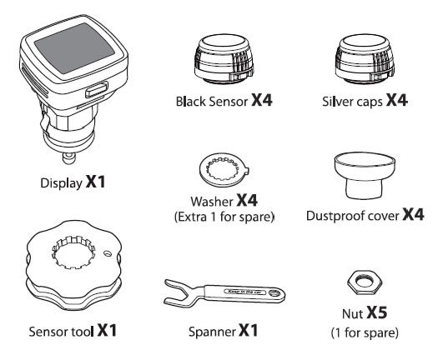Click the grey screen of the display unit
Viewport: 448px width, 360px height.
point(73,47)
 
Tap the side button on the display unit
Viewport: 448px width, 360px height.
point(97,90)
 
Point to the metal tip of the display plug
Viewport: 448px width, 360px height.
point(68,157)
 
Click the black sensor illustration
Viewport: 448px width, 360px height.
point(224,59)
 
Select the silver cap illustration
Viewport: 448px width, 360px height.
point(365,59)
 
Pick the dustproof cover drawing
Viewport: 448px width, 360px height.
point(365,176)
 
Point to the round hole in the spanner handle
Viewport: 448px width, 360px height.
point(275,293)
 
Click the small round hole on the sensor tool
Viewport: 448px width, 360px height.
point(107,253)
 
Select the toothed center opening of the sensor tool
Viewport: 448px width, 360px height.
point(73,252)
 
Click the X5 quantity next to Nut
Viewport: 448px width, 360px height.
point(377,312)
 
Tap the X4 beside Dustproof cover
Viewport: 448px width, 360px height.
point(413,214)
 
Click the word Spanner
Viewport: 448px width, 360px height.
point(212,332)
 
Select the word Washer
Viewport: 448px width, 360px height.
point(212,202)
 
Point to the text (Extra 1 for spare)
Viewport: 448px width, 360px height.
point(224,217)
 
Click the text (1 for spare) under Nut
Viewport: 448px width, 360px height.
point(365,332)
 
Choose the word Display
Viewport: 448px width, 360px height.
point(61,183)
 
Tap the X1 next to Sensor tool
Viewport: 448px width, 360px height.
point(107,330)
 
